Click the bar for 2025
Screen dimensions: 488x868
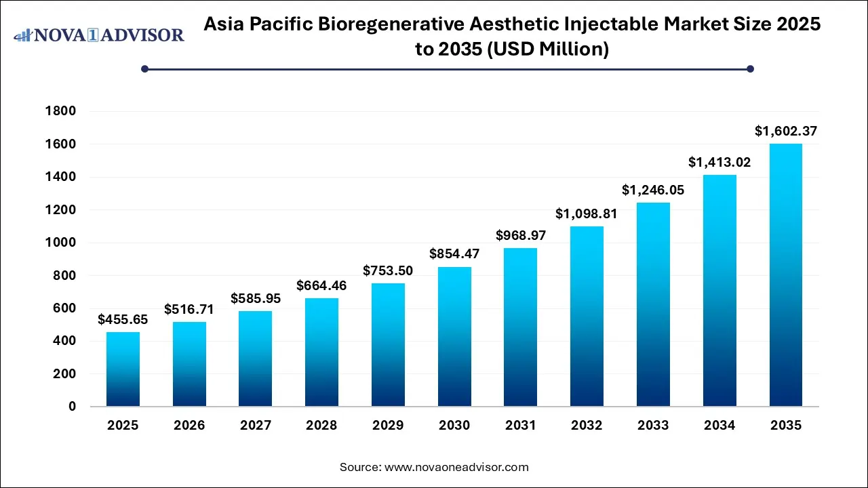click(123, 369)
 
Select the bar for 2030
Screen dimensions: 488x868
click(454, 337)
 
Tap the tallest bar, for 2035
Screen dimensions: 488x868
click(786, 275)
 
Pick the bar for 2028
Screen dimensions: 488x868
click(321, 352)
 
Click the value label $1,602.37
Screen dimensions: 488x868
click(786, 131)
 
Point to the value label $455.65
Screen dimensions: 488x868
click(123, 319)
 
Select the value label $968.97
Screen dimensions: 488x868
click(521, 235)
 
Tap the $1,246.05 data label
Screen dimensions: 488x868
click(653, 190)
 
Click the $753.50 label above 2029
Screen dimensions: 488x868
click(388, 270)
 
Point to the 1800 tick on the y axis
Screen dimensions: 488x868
click(61, 111)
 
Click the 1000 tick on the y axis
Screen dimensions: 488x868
click(61, 243)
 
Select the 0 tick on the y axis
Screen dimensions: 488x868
click(72, 407)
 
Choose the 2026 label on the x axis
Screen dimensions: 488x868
click(189, 426)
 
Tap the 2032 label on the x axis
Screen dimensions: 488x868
click(587, 426)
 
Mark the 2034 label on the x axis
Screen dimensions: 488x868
click(719, 426)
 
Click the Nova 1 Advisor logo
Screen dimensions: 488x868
click(99, 35)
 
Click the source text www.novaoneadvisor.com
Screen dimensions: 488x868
click(456, 467)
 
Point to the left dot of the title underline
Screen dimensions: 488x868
click(144, 68)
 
